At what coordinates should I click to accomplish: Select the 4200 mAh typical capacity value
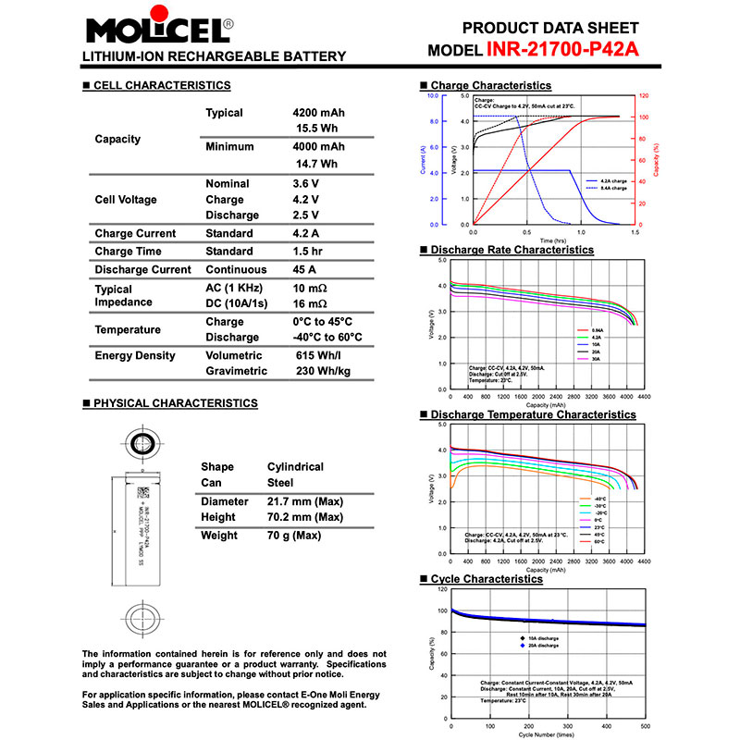click(x=318, y=113)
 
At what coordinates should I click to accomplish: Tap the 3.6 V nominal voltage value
click(x=305, y=184)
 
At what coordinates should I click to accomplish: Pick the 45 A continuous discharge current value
click(x=304, y=270)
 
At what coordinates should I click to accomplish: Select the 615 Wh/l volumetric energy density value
click(x=317, y=355)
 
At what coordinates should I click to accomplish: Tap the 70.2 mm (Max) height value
click(x=304, y=516)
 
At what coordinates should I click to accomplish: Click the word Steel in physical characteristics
click(x=280, y=482)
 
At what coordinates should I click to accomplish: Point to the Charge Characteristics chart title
click(x=490, y=85)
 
